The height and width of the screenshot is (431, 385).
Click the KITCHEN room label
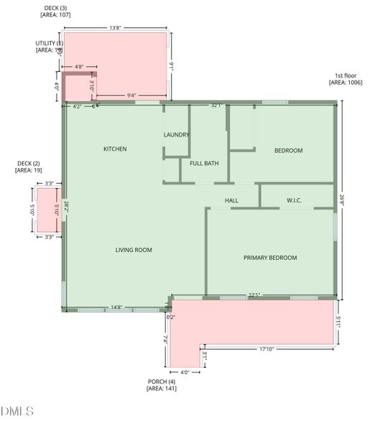click(x=115, y=149)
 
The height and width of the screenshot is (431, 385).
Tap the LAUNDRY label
click(x=177, y=135)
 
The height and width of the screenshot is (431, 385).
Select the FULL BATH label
click(x=204, y=163)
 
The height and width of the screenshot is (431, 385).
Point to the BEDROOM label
click(x=288, y=151)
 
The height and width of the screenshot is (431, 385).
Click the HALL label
click(x=231, y=200)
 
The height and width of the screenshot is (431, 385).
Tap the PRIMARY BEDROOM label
click(x=270, y=258)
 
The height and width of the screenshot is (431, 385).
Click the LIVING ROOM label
click(x=134, y=250)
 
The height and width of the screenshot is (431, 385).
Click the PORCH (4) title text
click(x=161, y=381)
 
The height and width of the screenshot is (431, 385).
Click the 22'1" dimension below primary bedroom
click(x=254, y=295)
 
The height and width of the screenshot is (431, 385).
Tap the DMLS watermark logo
click(x=17, y=412)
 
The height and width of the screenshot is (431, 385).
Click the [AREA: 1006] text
click(x=345, y=83)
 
